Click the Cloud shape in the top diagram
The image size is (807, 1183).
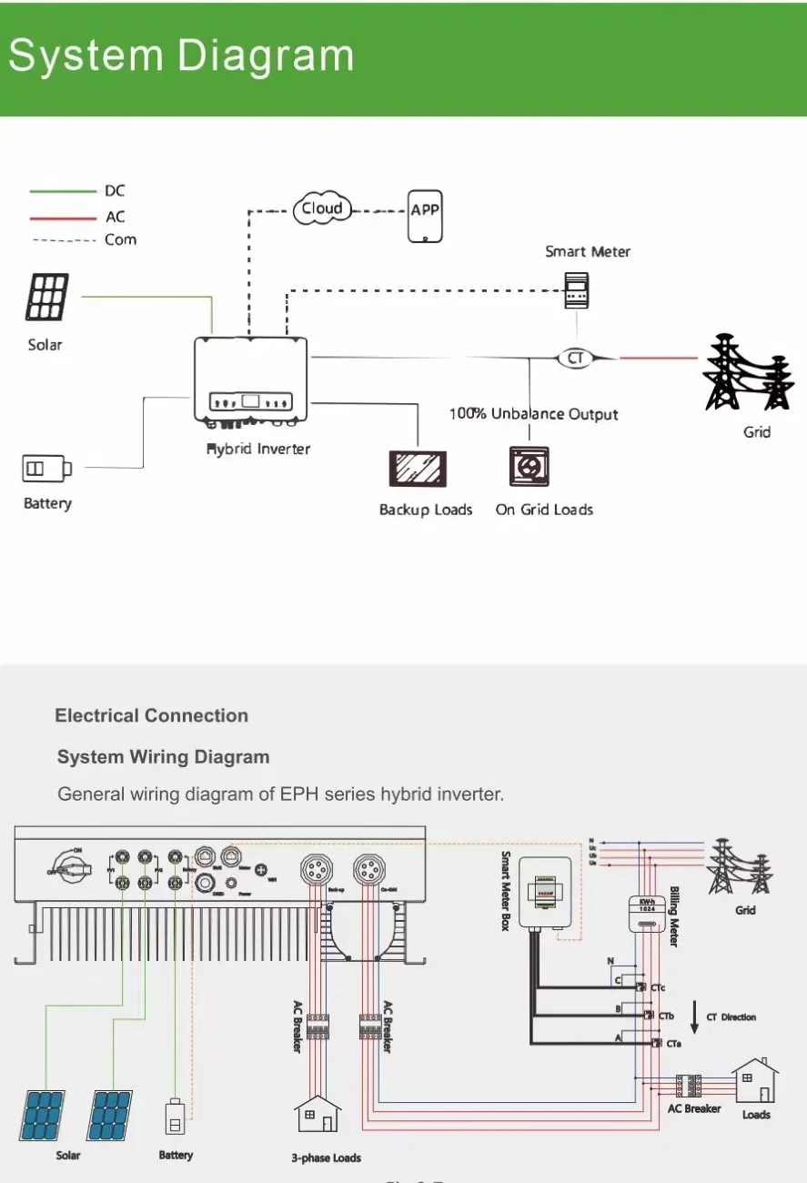323,209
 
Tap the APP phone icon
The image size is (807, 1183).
425,217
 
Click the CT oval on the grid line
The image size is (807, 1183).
575,358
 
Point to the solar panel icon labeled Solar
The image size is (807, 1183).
46,298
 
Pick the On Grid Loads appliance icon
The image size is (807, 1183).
529,467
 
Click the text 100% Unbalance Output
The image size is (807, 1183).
533,414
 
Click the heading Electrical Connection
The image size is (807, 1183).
151,716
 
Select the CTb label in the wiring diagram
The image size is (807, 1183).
666,1016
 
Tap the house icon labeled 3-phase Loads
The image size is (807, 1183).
318,1117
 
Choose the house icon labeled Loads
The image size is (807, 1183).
755,1080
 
